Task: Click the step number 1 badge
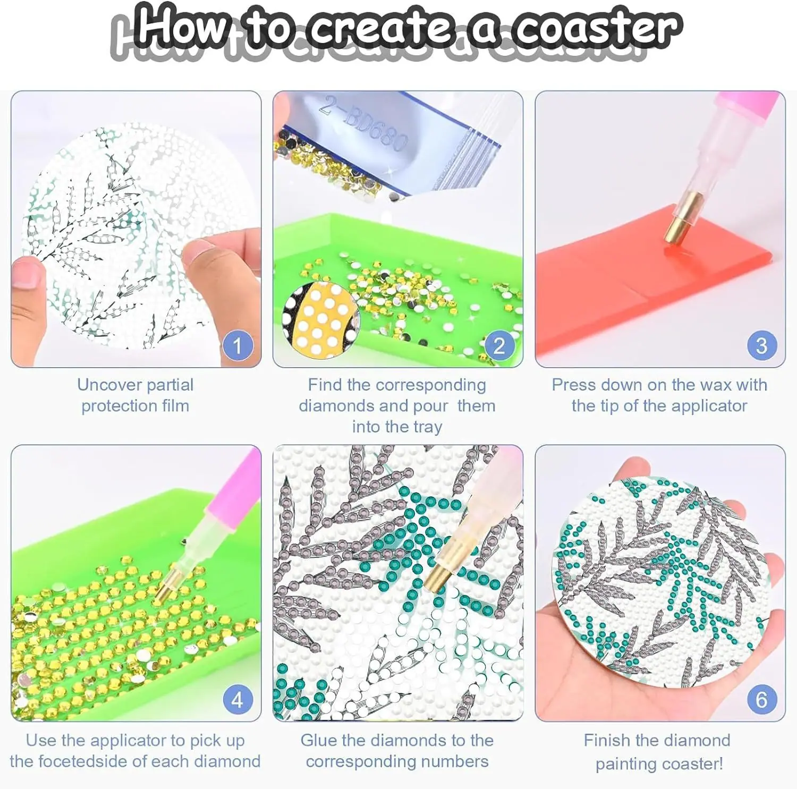[x=238, y=345]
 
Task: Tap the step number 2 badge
[x=499, y=345]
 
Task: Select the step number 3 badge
[x=761, y=345]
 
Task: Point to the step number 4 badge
[x=238, y=700]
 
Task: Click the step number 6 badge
[x=761, y=700]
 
